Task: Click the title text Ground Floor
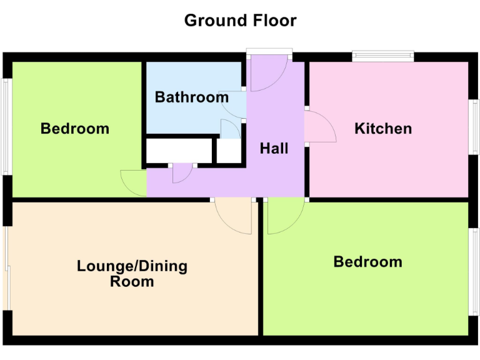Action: point(240,21)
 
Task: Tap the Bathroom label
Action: point(191,97)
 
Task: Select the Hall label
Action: point(274,148)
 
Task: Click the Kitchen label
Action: point(383,129)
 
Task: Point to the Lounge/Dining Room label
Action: point(132,274)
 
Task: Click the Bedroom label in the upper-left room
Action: point(74,129)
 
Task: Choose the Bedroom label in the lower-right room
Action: point(367,261)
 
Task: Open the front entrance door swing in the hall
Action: point(266,74)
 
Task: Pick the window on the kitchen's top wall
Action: point(383,56)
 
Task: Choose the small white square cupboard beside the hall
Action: point(229,151)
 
